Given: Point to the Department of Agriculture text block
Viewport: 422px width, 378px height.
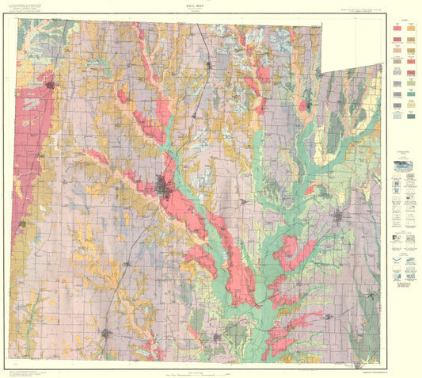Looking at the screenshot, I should pyautogui.click(x=31, y=10).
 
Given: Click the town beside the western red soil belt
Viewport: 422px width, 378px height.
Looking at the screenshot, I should pyautogui.click(x=51, y=83).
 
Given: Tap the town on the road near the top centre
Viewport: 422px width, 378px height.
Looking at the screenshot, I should pyautogui.click(x=207, y=66).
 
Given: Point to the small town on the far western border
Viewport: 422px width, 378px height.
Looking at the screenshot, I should pyautogui.click(x=23, y=224).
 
